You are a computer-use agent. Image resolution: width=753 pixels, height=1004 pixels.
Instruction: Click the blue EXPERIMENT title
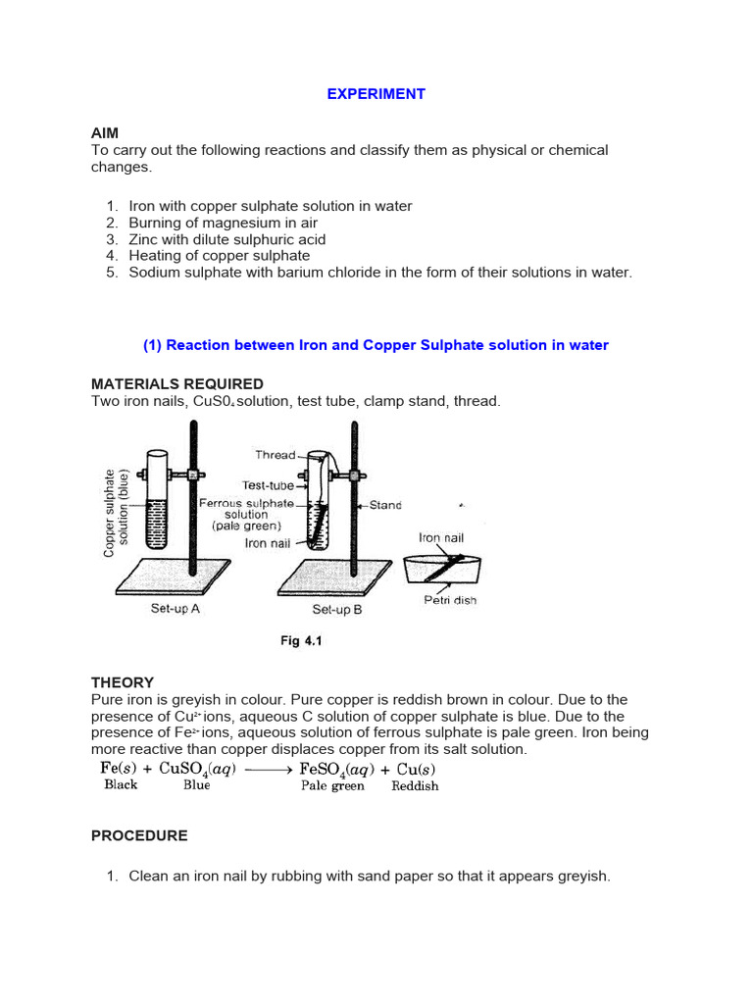pos(376,94)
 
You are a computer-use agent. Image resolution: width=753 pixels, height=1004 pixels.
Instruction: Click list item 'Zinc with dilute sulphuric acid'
pos(226,239)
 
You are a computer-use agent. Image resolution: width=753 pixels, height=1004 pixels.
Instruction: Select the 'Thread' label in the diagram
pos(275,455)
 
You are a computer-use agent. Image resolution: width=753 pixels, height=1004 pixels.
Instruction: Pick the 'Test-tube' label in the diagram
pos(267,485)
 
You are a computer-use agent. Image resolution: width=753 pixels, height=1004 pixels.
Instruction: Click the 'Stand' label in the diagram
pos(385,506)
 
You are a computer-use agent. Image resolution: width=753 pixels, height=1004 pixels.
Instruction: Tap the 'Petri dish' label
pos(449,600)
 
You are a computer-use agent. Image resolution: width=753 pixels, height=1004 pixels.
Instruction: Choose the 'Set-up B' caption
pos(336,609)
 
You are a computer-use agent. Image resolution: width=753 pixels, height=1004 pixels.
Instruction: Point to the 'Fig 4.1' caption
pos(302,641)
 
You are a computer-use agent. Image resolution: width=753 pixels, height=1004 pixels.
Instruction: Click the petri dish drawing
pos(443,570)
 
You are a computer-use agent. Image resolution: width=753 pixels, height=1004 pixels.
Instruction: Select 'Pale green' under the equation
pos(332,785)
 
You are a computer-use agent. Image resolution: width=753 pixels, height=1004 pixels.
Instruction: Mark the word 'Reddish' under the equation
pos(415,785)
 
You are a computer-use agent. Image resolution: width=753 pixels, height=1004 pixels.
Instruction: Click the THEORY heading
pos(123,682)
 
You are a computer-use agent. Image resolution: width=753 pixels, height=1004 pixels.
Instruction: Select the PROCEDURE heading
pos(139,836)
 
